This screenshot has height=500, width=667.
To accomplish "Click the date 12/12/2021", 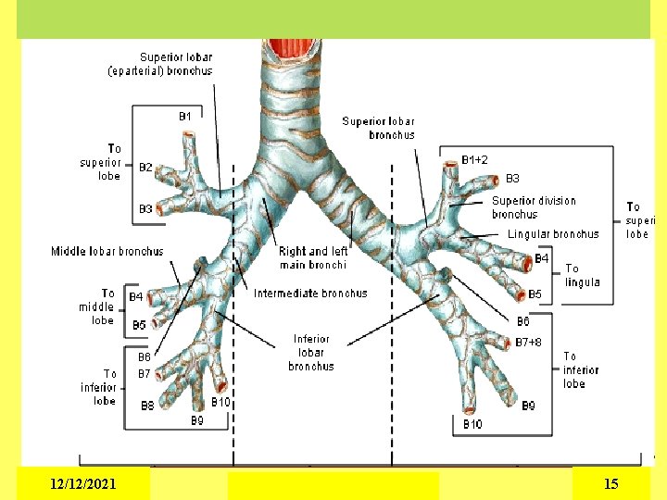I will click(x=83, y=483).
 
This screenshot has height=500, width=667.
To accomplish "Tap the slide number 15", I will click(x=610, y=483).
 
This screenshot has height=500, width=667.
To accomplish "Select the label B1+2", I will click(x=475, y=160).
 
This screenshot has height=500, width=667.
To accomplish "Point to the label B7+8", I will click(x=529, y=342).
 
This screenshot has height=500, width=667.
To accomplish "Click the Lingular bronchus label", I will click(x=553, y=234).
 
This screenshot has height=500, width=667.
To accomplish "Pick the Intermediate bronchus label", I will click(x=310, y=293).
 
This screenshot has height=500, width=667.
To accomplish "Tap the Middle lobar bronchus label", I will click(x=107, y=251).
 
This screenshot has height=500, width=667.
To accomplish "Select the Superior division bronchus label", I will click(x=534, y=207).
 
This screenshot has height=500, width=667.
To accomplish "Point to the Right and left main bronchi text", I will click(x=313, y=257).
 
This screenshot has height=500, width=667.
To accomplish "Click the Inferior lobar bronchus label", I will click(x=311, y=353).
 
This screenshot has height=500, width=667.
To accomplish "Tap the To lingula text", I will click(x=582, y=276).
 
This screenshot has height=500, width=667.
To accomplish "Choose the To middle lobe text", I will click(x=97, y=306).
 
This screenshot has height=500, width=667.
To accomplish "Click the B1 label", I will click(x=185, y=117).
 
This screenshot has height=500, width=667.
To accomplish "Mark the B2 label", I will click(x=145, y=168).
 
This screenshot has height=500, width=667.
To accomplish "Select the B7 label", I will click(x=145, y=374).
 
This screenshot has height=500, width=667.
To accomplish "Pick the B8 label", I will click(x=147, y=406).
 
